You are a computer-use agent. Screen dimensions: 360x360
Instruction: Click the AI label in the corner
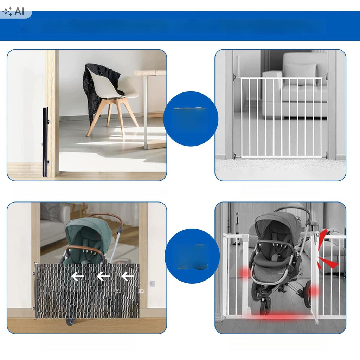click(x=19, y=11)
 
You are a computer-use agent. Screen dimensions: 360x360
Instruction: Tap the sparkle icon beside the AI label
click(x=8, y=12)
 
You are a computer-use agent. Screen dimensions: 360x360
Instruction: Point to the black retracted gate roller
click(x=45, y=142)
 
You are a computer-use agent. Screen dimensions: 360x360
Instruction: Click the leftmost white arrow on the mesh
click(x=78, y=276)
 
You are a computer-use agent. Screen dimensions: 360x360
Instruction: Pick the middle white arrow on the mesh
click(x=103, y=276)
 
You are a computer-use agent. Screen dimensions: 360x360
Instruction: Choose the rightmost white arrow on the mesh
click(x=128, y=276)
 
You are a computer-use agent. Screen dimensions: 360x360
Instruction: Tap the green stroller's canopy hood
click(x=88, y=232)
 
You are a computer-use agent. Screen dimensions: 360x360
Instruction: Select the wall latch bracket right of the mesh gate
click(x=152, y=284)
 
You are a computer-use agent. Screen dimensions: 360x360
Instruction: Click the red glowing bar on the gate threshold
click(x=279, y=316)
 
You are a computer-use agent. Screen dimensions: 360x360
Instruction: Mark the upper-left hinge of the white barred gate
click(x=235, y=77)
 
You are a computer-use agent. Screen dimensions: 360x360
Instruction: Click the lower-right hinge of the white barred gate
click(x=326, y=156)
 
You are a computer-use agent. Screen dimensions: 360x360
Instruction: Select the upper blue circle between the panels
click(x=191, y=119)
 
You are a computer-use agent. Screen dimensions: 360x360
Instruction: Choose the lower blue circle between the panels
click(x=192, y=256)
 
